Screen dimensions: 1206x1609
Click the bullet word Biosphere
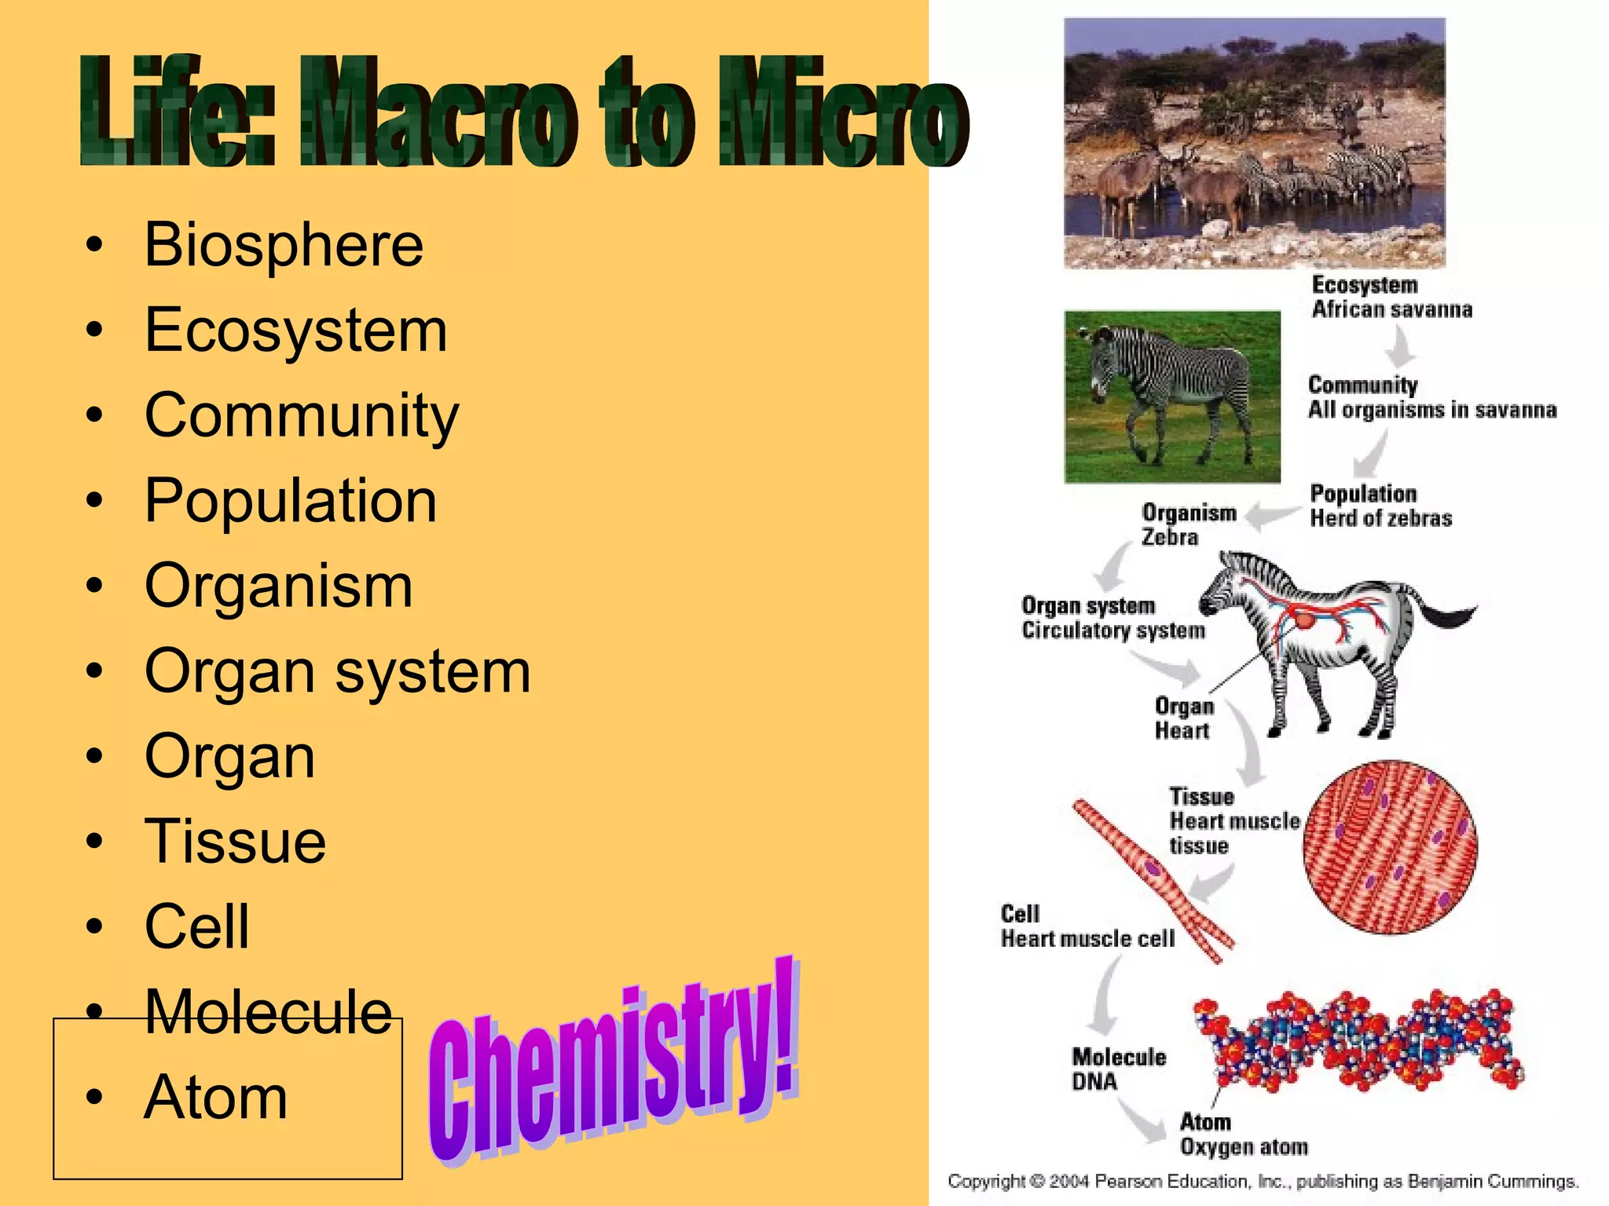click(284, 245)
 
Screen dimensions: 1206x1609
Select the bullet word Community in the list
click(302, 415)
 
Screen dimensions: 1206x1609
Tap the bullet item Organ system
click(338, 671)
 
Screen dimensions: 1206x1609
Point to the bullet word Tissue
click(235, 842)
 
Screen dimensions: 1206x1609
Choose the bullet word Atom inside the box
click(216, 1097)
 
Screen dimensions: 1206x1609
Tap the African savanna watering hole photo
click(1254, 143)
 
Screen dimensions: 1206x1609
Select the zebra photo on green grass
click(1172, 397)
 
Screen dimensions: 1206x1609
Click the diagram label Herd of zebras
click(1380, 519)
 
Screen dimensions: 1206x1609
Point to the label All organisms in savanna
click(1431, 410)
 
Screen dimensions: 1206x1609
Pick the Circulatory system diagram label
click(1112, 630)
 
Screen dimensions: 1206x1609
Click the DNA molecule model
click(1358, 1040)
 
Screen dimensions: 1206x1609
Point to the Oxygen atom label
click(1244, 1147)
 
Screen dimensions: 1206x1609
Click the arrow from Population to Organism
click(1272, 516)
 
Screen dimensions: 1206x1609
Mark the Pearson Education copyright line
click(1263, 1182)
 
